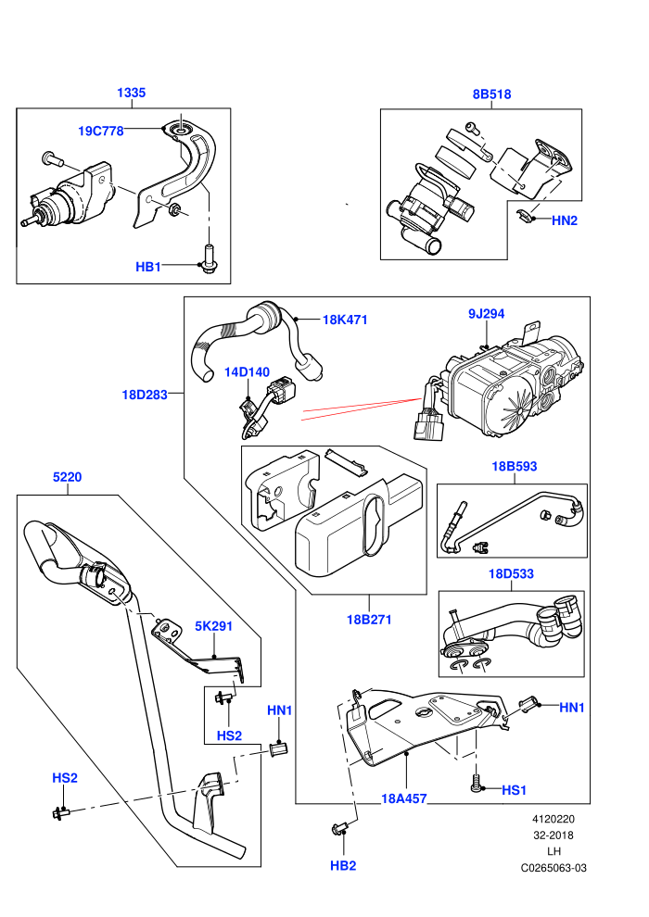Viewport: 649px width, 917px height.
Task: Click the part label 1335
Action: [x=131, y=93]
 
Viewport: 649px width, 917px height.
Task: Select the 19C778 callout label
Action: [x=101, y=131]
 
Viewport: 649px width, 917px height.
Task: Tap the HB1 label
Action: [x=148, y=267]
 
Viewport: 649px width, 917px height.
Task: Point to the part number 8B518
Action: [x=491, y=94]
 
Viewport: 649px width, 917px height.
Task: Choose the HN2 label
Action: [x=565, y=220]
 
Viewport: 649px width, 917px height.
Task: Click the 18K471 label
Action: [x=345, y=320]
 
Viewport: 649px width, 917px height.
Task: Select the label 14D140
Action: [x=247, y=372]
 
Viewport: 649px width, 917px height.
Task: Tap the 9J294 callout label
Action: [x=487, y=314]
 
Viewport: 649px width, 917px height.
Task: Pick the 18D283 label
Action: [x=145, y=395]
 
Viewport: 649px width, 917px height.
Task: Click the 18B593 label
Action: [x=515, y=466]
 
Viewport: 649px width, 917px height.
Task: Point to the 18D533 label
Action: [x=512, y=573]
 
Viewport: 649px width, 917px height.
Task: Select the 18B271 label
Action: [x=369, y=620]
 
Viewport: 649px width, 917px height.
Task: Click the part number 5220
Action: [x=68, y=477]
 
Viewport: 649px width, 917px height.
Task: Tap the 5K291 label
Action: [x=213, y=626]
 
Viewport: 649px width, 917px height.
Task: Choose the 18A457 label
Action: [x=404, y=798]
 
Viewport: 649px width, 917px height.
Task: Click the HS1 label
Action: [x=515, y=790]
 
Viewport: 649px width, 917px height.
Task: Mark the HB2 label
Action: [x=343, y=865]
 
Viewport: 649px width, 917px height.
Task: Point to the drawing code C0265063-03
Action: [x=554, y=868]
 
